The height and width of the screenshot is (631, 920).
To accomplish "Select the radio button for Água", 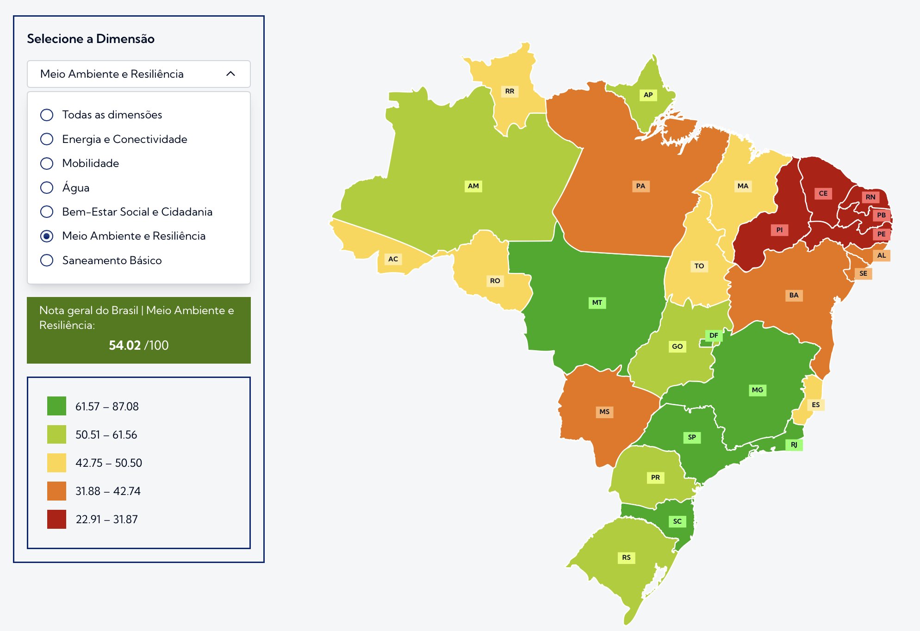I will (47, 187).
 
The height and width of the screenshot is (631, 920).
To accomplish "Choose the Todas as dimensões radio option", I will (47, 115).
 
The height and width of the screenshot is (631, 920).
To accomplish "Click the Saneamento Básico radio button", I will (47, 260).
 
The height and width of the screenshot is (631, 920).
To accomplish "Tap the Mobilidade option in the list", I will (91, 163).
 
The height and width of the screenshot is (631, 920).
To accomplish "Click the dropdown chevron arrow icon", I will (230, 74).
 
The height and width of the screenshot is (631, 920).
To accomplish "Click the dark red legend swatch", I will (56, 519).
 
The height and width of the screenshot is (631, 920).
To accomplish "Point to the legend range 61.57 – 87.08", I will (107, 406).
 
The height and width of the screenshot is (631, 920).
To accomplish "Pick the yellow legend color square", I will (56, 463).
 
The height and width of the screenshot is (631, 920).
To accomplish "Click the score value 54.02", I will (124, 345).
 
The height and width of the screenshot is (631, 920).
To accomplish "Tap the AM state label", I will (473, 186).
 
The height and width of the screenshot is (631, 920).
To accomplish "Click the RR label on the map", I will (510, 91).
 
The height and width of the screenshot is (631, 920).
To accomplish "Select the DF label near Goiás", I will (714, 335).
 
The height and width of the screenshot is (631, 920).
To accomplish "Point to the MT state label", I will (597, 303).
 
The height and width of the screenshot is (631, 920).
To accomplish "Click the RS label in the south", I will (626, 557).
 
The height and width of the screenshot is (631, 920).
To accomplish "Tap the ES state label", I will (815, 405).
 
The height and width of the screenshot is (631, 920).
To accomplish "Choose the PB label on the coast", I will (881, 215).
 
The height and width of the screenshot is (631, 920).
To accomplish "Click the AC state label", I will (393, 259).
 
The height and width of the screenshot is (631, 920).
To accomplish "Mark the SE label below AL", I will (863, 273).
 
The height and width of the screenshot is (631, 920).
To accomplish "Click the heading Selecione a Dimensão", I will (91, 39).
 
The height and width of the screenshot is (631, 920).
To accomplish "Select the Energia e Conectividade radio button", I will (47, 139).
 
